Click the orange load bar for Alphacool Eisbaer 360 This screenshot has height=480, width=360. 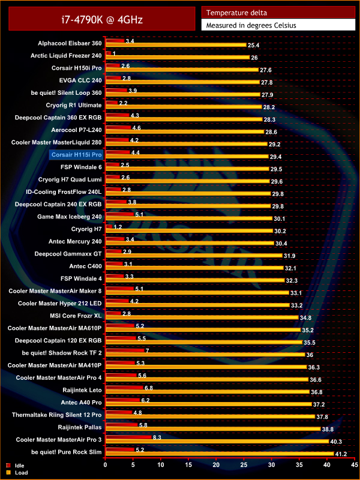click(175, 45)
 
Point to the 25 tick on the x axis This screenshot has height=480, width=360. click(244, 464)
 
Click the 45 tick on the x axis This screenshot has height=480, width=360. click(354, 464)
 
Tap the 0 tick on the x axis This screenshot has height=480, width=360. click(106, 464)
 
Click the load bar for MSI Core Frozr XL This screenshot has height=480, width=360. click(201, 317)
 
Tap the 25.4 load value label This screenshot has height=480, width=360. click(253, 45)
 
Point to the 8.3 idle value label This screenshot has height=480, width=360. click(157, 438)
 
